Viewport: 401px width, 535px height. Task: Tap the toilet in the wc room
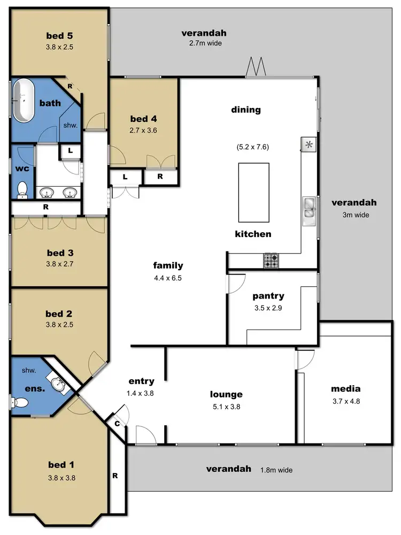22,189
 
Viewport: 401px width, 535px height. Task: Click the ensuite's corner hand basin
58,383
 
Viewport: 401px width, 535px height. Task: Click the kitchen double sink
309,208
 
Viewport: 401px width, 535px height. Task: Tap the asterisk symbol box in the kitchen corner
309,144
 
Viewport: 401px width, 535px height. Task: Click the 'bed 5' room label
59,36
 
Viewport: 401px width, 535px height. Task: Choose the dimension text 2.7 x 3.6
143,129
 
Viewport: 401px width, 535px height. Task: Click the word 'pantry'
268,296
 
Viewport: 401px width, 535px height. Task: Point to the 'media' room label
345,389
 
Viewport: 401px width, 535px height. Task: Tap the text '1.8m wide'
276,470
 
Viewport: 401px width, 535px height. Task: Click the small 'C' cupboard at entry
117,423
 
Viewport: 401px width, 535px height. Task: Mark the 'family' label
168,265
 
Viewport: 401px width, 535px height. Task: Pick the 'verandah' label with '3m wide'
354,203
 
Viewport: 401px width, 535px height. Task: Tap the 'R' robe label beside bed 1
115,475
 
